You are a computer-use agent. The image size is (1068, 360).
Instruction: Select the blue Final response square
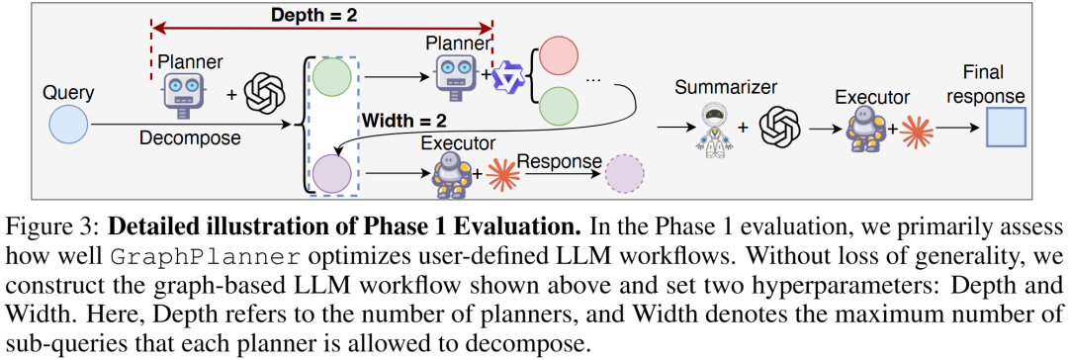1006,128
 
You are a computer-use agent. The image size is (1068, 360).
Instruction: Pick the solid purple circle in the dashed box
331,174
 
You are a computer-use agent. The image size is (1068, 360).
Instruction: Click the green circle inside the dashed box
331,78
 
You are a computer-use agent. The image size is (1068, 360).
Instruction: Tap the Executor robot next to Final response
865,129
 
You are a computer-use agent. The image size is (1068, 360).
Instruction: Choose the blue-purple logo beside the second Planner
511,76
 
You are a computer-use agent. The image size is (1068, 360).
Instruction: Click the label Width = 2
404,122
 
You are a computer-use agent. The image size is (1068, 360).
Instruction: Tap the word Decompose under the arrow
190,138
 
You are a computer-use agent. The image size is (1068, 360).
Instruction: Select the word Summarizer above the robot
726,87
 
